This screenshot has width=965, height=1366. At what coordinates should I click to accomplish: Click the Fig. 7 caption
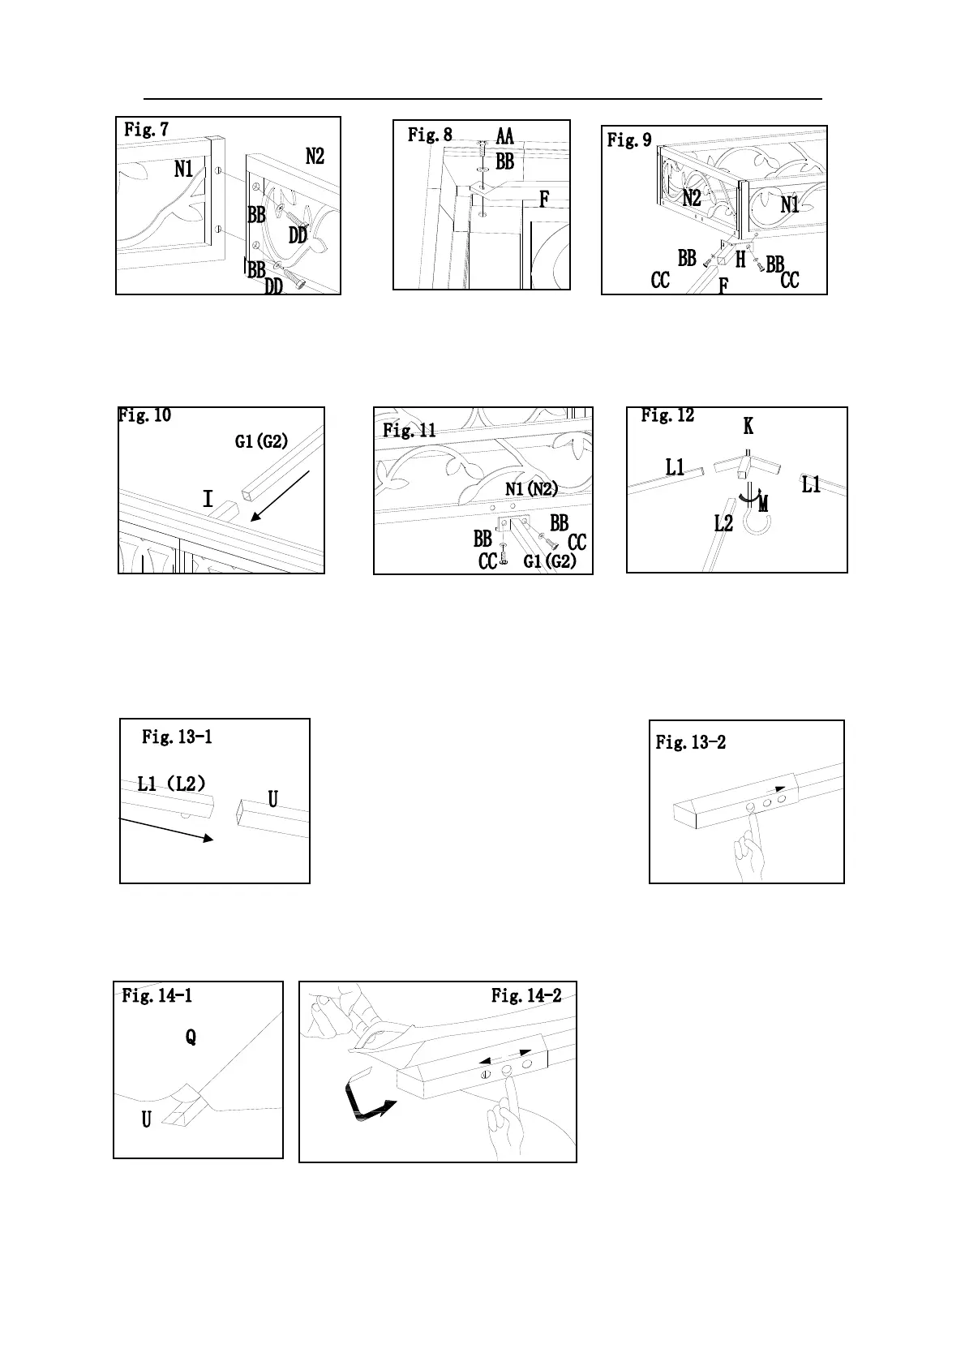146,130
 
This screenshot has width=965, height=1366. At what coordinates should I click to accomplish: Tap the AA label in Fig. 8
504,135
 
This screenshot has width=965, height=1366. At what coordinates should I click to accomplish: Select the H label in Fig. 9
740,260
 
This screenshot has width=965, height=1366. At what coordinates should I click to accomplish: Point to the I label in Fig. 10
208,499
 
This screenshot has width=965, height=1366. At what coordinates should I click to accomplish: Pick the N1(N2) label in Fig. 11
531,488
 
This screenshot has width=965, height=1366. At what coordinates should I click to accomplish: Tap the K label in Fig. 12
748,427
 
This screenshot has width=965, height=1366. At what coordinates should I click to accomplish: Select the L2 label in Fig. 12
723,523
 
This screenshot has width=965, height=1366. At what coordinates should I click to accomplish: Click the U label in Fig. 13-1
272,800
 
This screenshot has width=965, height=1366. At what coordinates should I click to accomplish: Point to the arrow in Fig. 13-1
166,831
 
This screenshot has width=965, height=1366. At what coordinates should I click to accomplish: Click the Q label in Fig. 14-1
191,1037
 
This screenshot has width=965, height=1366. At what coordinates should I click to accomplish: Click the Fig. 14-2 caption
526,995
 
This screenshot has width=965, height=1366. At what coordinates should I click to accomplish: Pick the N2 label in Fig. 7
315,157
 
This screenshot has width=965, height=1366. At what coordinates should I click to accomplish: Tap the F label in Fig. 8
544,199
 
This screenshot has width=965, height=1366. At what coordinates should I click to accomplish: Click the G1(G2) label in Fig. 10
261,442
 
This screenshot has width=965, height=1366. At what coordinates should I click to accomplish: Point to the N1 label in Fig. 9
790,205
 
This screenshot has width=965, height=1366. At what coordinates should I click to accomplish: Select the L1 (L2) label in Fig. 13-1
171,784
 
